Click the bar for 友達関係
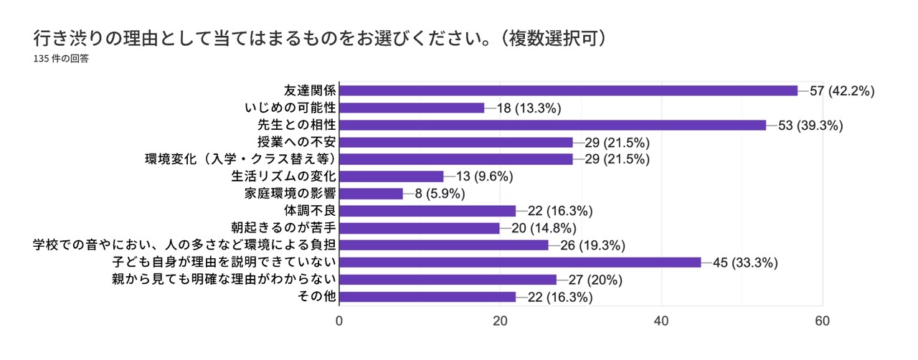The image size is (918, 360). [568, 90]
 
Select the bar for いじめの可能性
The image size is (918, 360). [412, 108]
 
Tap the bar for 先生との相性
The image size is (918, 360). [552, 125]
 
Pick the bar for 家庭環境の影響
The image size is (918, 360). [371, 194]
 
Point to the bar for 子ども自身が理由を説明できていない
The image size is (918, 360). [520, 262]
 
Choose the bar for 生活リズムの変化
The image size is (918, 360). [391, 176]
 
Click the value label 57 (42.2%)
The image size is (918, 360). [843, 91]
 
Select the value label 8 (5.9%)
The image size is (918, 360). [440, 194]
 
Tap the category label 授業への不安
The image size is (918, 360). [295, 142]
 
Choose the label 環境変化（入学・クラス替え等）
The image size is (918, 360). [240, 159]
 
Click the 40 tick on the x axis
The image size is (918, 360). [661, 322]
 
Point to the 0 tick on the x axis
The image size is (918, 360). [339, 322]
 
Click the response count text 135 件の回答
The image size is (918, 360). [61, 60]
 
